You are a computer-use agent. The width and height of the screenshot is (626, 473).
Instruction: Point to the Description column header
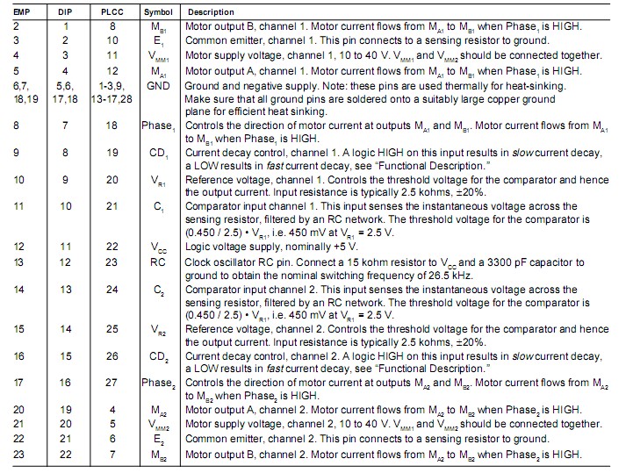210,12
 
